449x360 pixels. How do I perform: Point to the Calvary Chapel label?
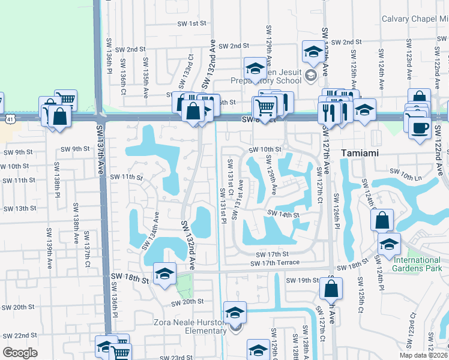[415, 19]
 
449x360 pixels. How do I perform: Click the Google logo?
[20, 352]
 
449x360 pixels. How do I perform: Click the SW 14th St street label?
[283, 214]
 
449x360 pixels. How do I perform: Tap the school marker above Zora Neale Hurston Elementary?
[235, 313]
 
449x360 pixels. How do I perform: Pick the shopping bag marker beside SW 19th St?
[331, 289]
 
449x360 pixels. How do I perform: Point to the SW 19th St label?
[302, 280]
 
